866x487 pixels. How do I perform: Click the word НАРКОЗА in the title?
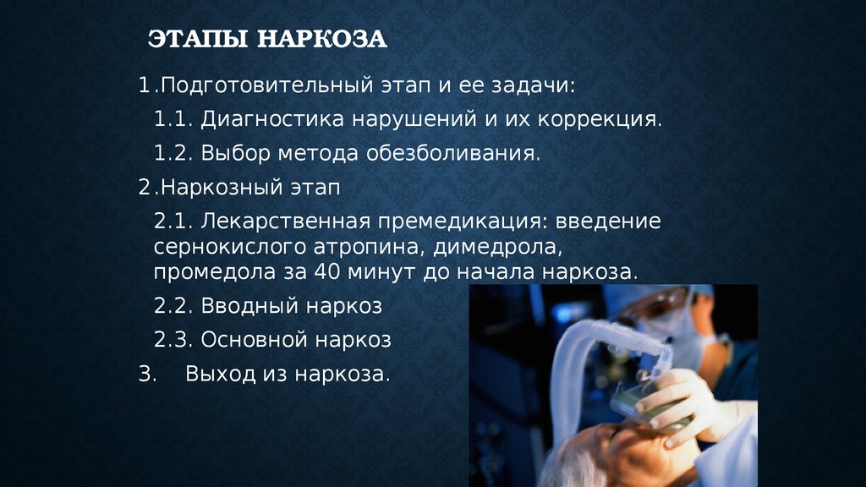pyautogui.click(x=322, y=39)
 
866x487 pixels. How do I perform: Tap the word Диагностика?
pyautogui.click(x=273, y=119)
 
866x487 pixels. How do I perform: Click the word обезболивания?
pyautogui.click(x=453, y=154)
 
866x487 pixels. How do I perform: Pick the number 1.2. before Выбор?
pyautogui.click(x=173, y=153)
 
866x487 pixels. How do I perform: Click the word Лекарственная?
pyautogui.click(x=285, y=222)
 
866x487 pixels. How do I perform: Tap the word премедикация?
pyautogui.click(x=463, y=222)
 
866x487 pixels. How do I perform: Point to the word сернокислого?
pyautogui.click(x=229, y=248)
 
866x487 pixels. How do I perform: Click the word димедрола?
pyautogui.click(x=497, y=248)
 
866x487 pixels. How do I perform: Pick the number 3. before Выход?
pyautogui.click(x=147, y=375)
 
